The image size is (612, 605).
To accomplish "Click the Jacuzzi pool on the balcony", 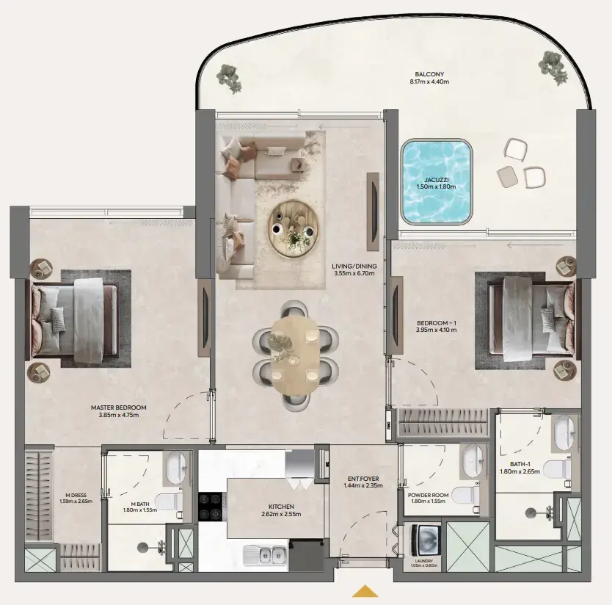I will pyautogui.click(x=436, y=181).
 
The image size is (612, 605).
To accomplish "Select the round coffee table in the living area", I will pyautogui.click(x=294, y=228).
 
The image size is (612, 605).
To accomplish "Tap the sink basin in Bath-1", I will pyautogui.click(x=564, y=433).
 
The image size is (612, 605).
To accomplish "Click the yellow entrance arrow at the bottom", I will pyautogui.click(x=365, y=591).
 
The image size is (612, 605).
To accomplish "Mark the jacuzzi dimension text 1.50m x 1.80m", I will pyautogui.click(x=436, y=187).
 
